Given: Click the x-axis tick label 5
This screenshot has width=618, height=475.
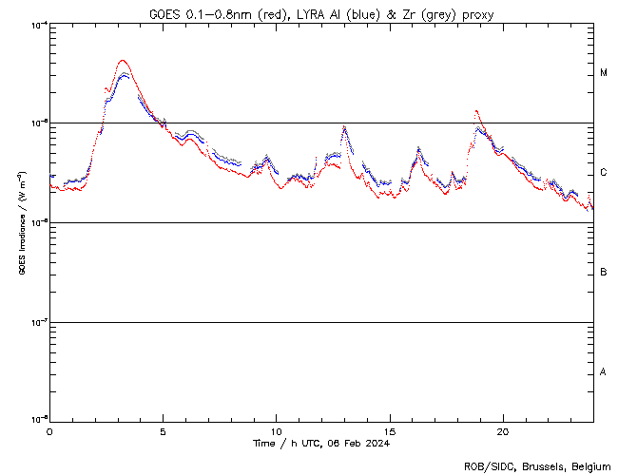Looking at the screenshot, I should coord(163,430).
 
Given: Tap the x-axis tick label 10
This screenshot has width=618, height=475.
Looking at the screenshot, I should coord(276,430).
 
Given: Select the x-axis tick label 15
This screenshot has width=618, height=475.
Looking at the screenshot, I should coord(390,430).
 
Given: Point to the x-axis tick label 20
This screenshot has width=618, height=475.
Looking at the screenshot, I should coord(503,430).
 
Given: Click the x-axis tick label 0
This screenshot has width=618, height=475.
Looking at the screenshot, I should coord(49,430).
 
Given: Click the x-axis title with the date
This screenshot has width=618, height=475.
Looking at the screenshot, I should coord(321,444).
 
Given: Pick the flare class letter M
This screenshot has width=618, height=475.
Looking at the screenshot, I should coord(604,73).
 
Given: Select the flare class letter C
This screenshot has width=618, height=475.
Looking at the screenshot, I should coord(604,173).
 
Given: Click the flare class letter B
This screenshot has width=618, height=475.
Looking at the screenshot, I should coord(604,273).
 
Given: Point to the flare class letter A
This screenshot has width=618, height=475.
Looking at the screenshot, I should coord(604,371).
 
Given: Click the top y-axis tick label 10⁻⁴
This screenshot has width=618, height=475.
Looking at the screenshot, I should coord(38,25).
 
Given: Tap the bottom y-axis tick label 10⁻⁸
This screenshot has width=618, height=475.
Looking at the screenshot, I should coord(38,419).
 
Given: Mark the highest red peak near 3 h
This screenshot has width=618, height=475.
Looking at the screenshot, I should coord(123,61).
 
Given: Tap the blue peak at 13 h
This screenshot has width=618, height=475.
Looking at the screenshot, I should coord(344,126).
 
